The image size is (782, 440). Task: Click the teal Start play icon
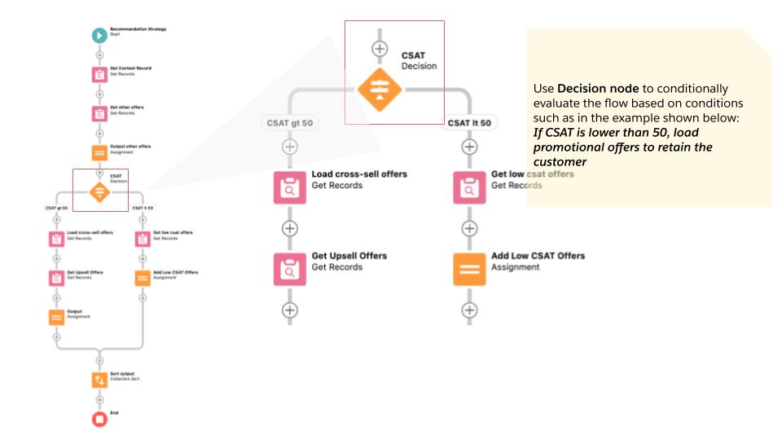(99, 35)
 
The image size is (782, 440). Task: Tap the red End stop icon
(99, 419)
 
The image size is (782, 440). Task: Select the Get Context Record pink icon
(99, 74)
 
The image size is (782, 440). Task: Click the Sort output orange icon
(99, 380)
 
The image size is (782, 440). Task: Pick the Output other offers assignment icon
(99, 152)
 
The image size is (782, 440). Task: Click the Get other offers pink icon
(99, 113)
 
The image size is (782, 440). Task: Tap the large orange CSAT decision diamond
(379, 90)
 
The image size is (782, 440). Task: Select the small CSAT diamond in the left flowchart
(99, 191)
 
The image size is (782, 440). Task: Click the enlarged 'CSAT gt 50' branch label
(289, 123)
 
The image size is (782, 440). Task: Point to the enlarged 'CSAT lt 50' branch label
(469, 123)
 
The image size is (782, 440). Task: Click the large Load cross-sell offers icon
(289, 187)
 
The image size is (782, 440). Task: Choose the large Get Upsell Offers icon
(289, 269)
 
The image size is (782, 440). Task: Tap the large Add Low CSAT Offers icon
(469, 269)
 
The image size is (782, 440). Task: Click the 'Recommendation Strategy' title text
(138, 29)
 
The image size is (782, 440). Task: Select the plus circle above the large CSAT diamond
(379, 48)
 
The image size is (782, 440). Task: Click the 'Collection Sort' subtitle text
(126, 379)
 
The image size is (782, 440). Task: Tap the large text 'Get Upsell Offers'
(349, 256)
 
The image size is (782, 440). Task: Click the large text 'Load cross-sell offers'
(359, 174)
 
